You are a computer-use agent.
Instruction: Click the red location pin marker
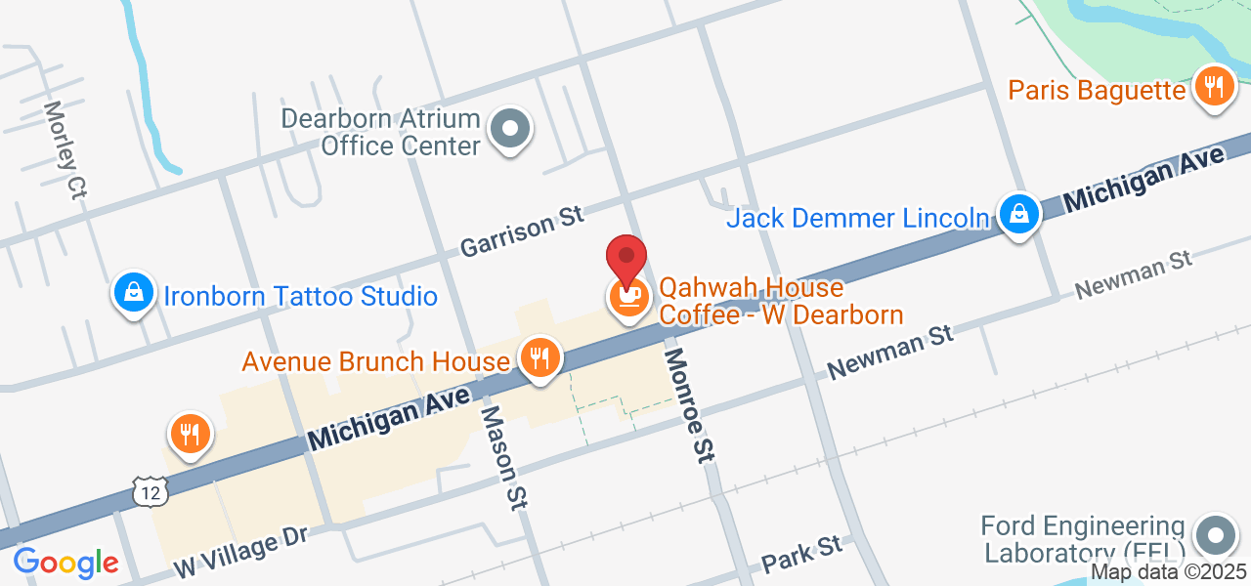[626, 258]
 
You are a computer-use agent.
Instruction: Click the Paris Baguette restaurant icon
[1213, 87]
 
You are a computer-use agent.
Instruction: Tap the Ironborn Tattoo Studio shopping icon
[133, 291]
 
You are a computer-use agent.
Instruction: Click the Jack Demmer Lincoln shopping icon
[1018, 213]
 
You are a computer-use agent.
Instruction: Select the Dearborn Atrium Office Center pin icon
[509, 129]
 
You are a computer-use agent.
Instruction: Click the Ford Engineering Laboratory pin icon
[1215, 536]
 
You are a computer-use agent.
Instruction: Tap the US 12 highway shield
[151, 491]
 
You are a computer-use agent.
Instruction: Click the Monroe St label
[689, 403]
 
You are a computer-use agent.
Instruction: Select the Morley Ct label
[65, 150]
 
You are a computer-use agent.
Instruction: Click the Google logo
[65, 563]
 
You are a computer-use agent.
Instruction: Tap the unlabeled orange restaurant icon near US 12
[191, 433]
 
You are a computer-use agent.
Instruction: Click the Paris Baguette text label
[1097, 91]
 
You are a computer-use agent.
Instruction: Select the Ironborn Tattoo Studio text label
[300, 296]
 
